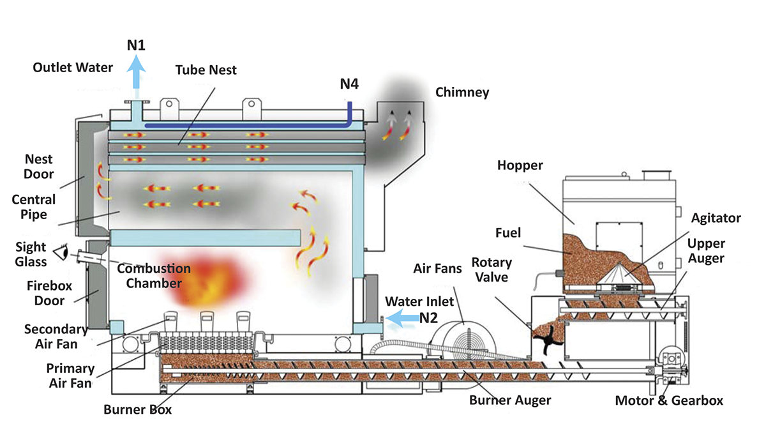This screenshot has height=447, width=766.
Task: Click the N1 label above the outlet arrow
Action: [x=135, y=45]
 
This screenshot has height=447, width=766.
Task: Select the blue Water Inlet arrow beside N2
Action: [x=401, y=316]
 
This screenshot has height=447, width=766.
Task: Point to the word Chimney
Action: [x=462, y=92]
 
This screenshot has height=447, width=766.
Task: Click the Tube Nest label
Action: [x=206, y=70]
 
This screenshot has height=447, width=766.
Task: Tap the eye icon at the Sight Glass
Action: [x=62, y=253]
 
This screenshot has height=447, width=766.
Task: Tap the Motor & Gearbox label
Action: [x=669, y=401]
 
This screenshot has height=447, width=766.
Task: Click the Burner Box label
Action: [x=138, y=410]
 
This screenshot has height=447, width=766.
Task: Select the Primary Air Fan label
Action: [x=70, y=376]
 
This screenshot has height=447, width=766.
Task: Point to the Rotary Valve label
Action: [x=491, y=270]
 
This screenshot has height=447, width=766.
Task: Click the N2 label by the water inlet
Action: [x=428, y=317]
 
